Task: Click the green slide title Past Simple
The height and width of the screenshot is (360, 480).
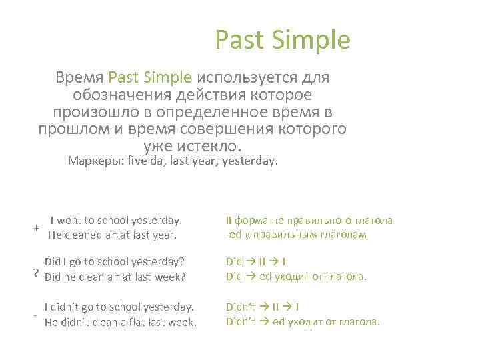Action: [282, 41]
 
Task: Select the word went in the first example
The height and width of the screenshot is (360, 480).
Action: [71, 220]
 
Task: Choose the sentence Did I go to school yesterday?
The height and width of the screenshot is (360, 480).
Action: [114, 262]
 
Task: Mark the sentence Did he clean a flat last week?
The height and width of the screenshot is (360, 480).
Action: [114, 277]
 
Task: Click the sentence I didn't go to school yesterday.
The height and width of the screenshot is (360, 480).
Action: [119, 307]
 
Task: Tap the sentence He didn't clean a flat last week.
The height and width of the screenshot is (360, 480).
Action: [120, 322]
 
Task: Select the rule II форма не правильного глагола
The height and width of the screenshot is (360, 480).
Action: [309, 220]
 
